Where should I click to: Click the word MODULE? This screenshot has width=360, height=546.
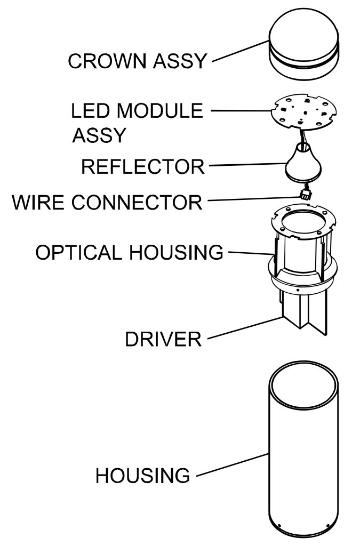[x=160, y=111]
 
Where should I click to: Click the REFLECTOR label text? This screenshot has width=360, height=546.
[x=142, y=166]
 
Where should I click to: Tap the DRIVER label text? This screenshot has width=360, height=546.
[x=163, y=339]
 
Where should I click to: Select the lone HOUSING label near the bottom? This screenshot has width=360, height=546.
[x=142, y=475]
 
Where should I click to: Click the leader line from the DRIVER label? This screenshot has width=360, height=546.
[x=243, y=328]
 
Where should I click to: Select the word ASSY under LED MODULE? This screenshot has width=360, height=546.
[x=99, y=135]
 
